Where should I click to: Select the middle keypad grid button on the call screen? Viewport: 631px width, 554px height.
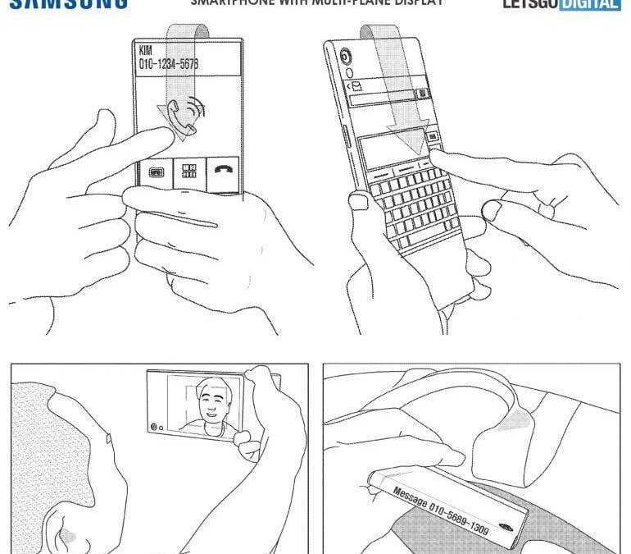point(188,172)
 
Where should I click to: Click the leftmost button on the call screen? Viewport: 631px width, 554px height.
point(156,172)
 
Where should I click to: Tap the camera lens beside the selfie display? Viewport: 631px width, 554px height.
point(154,427)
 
